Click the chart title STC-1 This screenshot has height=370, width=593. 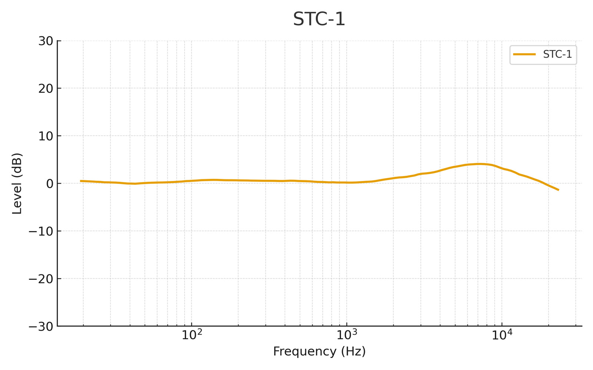coord(319,19)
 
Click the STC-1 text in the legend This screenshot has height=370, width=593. coord(557,54)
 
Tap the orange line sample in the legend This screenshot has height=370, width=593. coord(524,54)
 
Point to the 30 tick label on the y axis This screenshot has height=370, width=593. coord(46,41)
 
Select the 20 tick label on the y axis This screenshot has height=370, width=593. coord(46,88)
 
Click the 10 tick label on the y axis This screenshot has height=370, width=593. coord(46,136)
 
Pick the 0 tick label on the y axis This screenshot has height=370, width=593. coord(50,184)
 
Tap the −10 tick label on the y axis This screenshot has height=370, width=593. coord(41,231)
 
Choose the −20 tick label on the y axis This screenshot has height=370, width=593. coord(41,279)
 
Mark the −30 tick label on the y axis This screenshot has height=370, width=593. coord(41,326)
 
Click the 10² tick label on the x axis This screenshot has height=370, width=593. coord(192,335)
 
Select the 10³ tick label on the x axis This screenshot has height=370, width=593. coord(347,335)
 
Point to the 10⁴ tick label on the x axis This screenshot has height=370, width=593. coord(501,335)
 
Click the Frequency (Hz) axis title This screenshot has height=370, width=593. coord(319,351)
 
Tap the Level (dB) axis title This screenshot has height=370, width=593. coord(17,184)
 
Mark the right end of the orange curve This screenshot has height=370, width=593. coord(558,190)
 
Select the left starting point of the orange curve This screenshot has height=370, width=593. coord(81,181)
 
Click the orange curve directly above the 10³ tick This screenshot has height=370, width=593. coord(347,182)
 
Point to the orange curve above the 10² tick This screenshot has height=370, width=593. coord(192,181)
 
